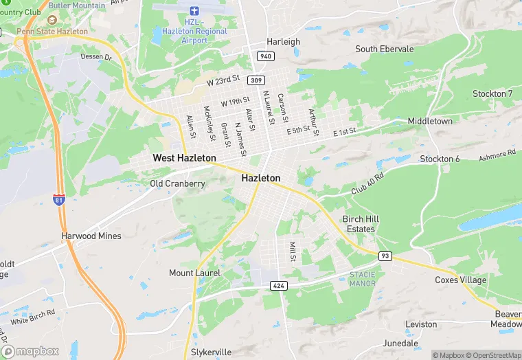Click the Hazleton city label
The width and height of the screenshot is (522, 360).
(261, 178)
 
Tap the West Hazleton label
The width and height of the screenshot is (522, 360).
(184, 158)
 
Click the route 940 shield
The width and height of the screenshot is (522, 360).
(265, 56)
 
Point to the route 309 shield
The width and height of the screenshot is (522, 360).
(256, 80)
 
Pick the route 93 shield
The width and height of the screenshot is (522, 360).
(385, 256)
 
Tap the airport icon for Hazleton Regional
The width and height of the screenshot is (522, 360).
(194, 12)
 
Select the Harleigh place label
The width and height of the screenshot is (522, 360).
(284, 41)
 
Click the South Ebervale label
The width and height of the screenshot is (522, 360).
(385, 49)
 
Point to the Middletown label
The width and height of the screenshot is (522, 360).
(431, 121)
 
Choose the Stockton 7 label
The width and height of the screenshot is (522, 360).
(492, 93)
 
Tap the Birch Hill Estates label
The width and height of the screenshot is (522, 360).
(361, 224)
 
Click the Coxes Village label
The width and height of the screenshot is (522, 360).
(460, 280)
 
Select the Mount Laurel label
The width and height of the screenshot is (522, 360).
(194, 273)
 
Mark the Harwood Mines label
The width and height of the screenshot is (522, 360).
(91, 236)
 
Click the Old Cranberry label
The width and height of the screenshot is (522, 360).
(177, 183)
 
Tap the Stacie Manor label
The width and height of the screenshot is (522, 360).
(362, 278)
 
